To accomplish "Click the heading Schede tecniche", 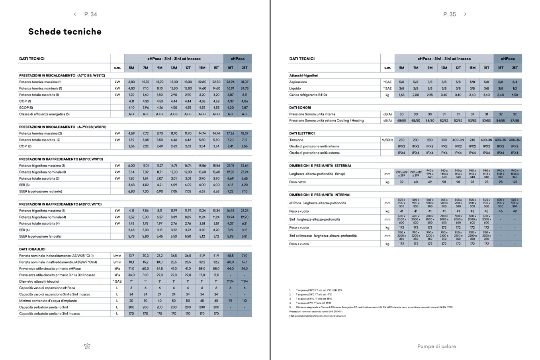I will (x=65, y=32).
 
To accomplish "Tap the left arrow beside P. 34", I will (x=75, y=14).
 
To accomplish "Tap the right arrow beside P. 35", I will (x=465, y=14).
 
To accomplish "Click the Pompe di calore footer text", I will (x=436, y=346).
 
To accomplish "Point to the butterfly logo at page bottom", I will (x=87, y=346).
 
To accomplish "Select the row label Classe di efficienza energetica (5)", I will (x=44, y=114).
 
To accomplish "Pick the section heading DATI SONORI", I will (x=300, y=108).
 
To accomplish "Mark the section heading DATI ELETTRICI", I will (x=302, y=133).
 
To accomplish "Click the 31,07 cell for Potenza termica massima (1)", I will (x=245, y=82).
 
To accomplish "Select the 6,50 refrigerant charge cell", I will (x=515, y=95).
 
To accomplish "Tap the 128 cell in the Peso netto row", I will (x=515, y=182).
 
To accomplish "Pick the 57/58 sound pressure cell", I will (x=515, y=121).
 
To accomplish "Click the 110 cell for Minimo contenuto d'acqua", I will (x=245, y=301).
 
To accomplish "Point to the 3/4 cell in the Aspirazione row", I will (x=515, y=82).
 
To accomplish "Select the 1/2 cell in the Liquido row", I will (x=515, y=88).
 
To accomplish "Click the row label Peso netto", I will (x=297, y=182).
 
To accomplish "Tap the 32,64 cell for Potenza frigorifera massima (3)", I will (x=245, y=166).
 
